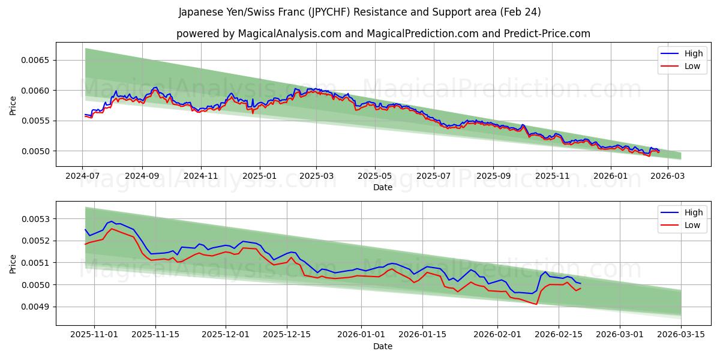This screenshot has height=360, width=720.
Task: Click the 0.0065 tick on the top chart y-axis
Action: [37, 61]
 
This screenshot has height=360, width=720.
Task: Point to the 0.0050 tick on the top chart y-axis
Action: [37, 151]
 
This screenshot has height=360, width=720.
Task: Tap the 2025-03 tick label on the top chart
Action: [316, 176]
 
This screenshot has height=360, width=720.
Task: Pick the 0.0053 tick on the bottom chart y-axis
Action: [37, 219]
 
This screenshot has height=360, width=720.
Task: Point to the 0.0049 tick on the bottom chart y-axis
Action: [37, 307]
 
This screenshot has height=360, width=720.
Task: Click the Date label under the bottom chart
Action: [383, 346]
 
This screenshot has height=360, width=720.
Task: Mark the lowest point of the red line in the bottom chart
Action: [536, 304]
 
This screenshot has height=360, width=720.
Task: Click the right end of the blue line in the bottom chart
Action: [580, 283]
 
